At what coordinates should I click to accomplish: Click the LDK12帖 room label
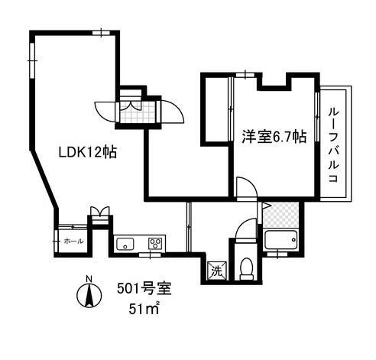[x=87, y=152]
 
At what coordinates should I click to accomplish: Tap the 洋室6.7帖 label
[x=274, y=138]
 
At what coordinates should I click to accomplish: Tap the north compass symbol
[x=89, y=294]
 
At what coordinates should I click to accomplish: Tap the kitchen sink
[x=125, y=245]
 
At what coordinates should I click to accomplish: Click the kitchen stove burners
[x=155, y=245]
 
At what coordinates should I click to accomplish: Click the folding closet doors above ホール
[x=99, y=212]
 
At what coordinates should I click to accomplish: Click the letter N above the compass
[x=89, y=277]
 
